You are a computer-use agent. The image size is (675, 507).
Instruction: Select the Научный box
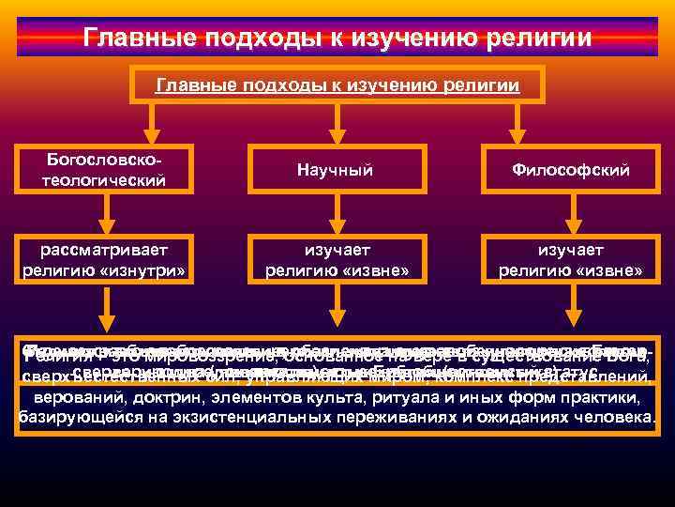[x=335, y=170]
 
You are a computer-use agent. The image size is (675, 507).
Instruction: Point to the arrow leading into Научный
[x=335, y=122]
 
